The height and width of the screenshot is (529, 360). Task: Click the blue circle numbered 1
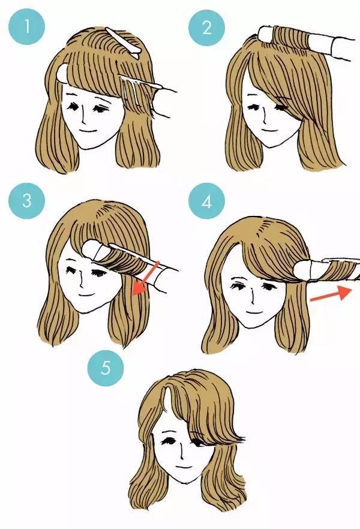coord(26,26)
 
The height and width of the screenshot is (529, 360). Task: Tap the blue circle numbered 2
coord(206,28)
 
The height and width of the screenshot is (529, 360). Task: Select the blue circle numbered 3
coord(26,201)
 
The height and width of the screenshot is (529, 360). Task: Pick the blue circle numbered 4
coord(206,202)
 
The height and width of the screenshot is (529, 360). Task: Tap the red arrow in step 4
coord(331,293)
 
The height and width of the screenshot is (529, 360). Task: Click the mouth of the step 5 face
coord(183,468)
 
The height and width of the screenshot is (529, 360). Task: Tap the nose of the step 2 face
coord(266,118)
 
